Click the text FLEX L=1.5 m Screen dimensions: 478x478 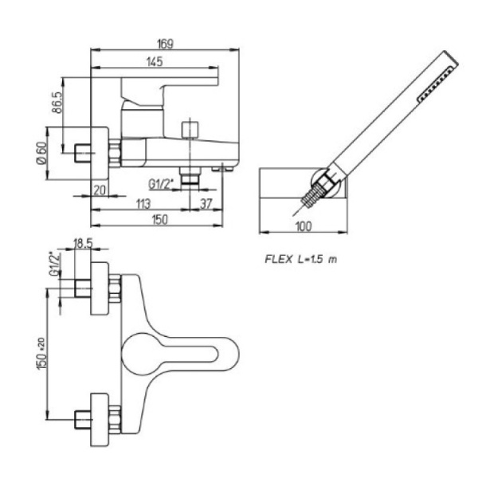300,260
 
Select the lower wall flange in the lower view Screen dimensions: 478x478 100,415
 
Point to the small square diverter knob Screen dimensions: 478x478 190,130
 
